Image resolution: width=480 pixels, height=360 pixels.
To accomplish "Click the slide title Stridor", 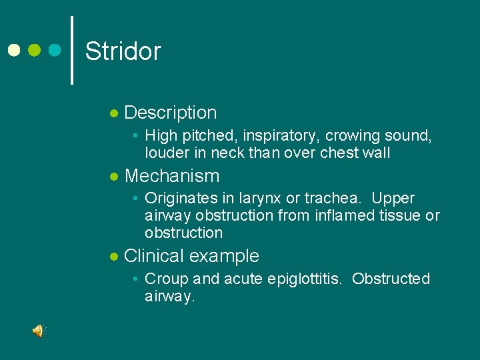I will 123,51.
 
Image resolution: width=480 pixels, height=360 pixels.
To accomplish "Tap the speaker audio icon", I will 39,331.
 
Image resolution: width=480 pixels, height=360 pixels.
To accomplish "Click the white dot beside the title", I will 13,50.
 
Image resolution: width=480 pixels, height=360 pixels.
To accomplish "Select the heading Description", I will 171,113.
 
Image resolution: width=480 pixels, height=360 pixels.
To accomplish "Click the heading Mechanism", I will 172,176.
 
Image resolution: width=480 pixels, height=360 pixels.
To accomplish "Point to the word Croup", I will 163,279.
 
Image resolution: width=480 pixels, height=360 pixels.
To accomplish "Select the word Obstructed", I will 391,279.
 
